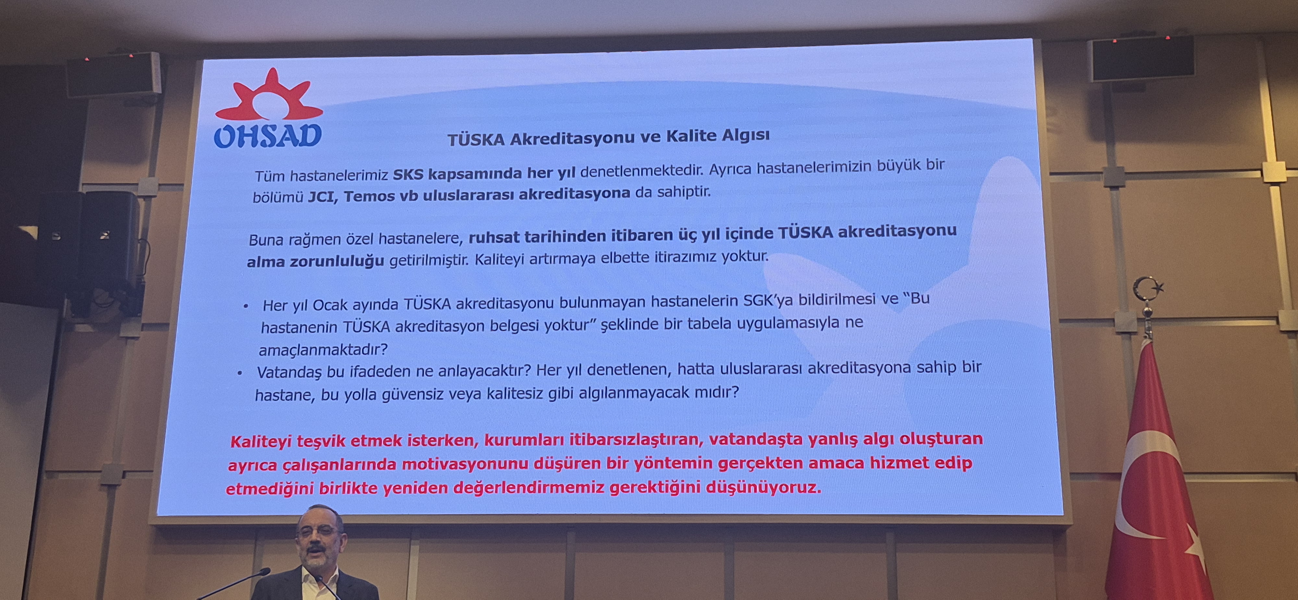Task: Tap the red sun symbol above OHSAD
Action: (x=269, y=96)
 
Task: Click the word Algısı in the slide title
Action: (x=746, y=136)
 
